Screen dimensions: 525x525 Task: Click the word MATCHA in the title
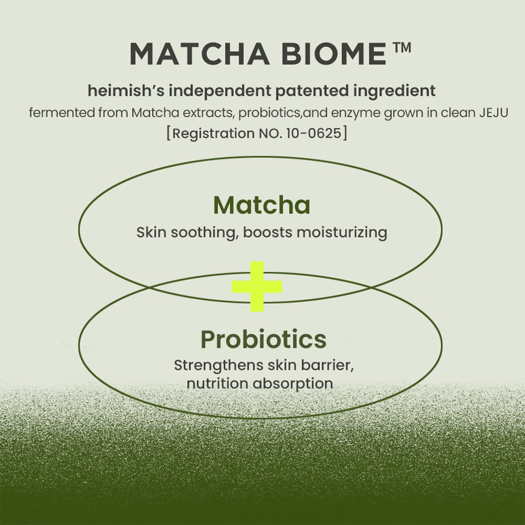pyautogui.click(x=199, y=54)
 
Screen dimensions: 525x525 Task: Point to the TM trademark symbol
pyautogui.click(x=401, y=48)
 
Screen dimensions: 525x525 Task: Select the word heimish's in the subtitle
pyautogui.click(x=126, y=90)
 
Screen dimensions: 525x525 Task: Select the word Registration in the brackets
pyautogui.click(x=213, y=133)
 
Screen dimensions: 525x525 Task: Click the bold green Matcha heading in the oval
pyautogui.click(x=262, y=205)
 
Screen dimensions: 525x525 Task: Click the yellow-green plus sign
pyautogui.click(x=257, y=287)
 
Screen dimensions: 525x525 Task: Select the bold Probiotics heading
pyautogui.click(x=263, y=339)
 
